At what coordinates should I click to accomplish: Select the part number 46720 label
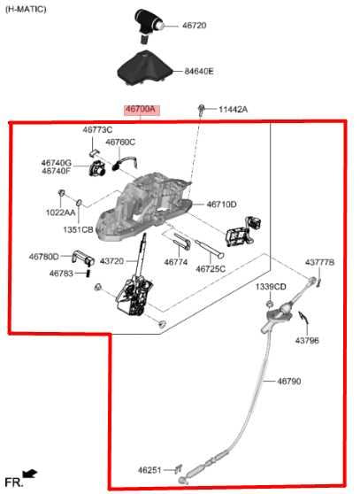pos(195,26)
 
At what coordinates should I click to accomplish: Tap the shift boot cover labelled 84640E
pos(144,69)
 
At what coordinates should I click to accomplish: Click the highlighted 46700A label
pos(142,110)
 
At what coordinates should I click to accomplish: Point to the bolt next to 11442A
pos(201,109)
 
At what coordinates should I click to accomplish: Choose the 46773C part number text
pos(97,130)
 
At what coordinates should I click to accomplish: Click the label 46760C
pos(120,143)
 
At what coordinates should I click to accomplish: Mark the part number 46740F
pos(56,171)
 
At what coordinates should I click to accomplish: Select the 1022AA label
pos(61,212)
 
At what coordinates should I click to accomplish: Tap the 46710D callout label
pos(221,205)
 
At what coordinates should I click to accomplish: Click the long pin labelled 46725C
pos(210,249)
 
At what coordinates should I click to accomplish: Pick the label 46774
pos(176,262)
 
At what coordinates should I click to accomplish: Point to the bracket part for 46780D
pos(83,258)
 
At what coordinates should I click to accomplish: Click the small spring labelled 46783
pos(88,273)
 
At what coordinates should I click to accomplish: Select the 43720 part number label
pos(111,261)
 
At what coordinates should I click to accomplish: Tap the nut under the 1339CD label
pos(270,304)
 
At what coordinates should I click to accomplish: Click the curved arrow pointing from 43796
pos(303,319)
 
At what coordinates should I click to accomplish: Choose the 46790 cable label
pos(289,382)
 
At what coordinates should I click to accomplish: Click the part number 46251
pos(149,470)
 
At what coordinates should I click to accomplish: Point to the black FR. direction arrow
pos(30,474)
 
